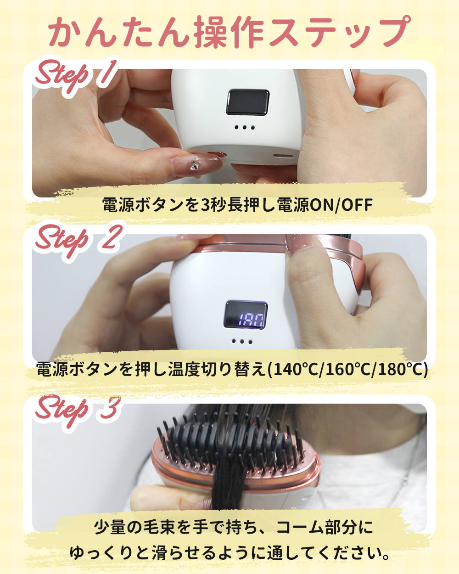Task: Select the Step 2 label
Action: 78,239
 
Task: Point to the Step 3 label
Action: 78,409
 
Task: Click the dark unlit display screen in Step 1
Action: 247,102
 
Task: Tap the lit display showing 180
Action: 246,315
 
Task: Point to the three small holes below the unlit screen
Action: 244,127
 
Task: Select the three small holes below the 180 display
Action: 242,341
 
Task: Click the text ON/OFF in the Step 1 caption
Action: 341,205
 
